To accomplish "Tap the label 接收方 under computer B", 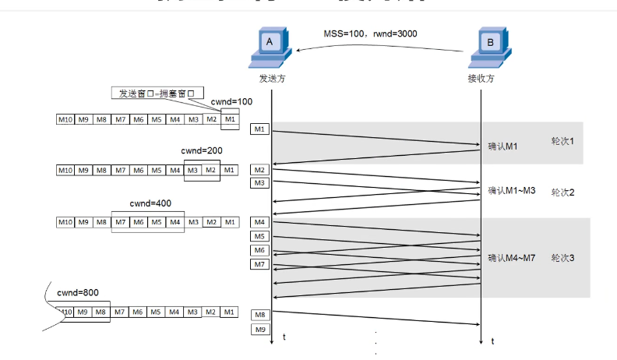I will (x=480, y=79).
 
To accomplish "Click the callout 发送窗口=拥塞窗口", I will (x=155, y=94).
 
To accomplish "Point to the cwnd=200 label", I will (x=202, y=150).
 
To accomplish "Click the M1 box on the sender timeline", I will (x=260, y=129).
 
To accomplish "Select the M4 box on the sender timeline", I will (x=260, y=223).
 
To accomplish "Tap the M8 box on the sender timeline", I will (x=260, y=315).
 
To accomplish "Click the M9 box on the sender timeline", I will (x=260, y=330).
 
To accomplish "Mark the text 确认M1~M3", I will (x=511, y=190).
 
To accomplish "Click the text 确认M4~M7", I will (x=511, y=257).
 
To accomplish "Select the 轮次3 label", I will (x=562, y=257).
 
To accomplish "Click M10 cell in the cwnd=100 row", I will (x=65, y=119).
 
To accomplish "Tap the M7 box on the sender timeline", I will (x=260, y=265).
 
